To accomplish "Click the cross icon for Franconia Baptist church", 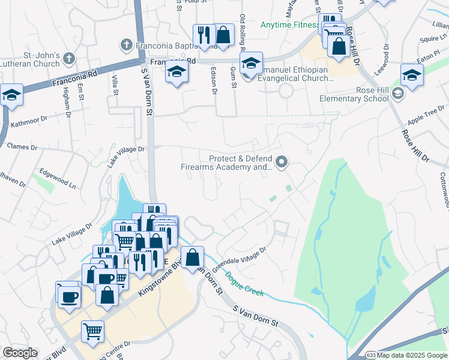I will click(126, 44).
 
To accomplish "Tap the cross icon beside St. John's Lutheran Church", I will click(69, 59).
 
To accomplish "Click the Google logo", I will click(20, 353).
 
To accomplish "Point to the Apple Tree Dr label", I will click(425, 114).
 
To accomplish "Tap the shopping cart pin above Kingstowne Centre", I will click(92, 332).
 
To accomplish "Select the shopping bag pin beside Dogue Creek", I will click(192, 258).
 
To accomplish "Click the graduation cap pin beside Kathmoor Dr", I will click(11, 95).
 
